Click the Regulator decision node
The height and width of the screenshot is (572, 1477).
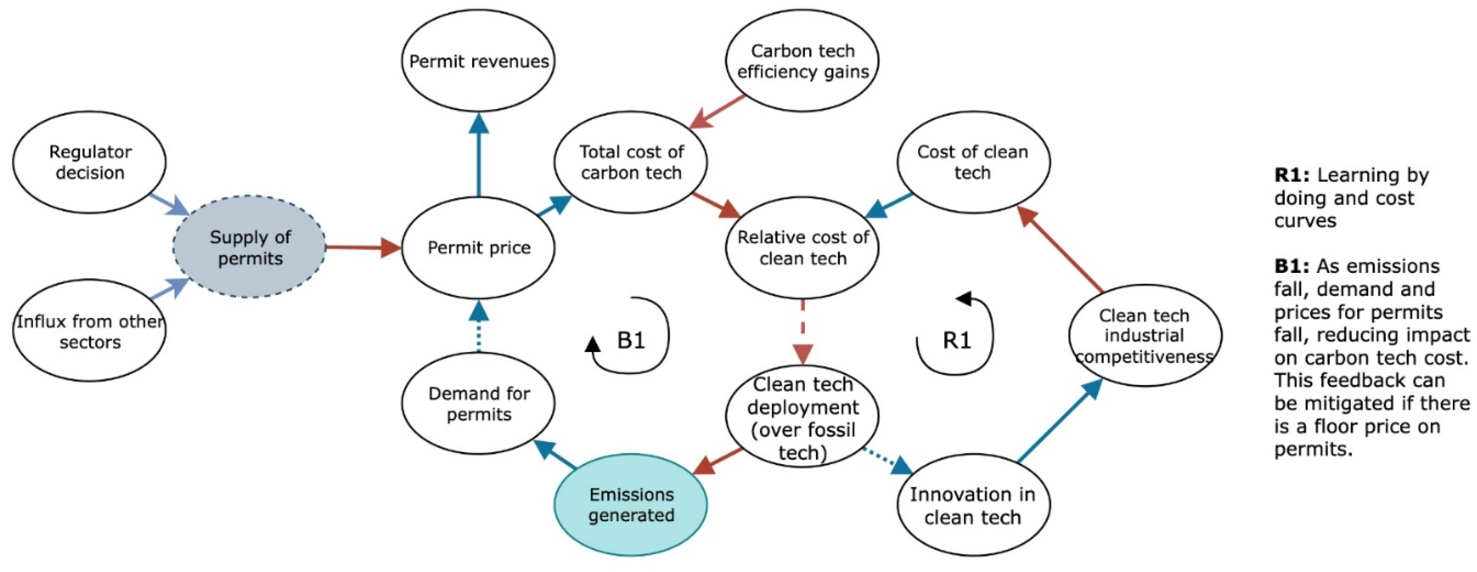pyautogui.click(x=89, y=162)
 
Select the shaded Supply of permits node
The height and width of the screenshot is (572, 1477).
pyautogui.click(x=249, y=247)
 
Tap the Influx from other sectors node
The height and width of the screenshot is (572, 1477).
pyautogui.click(x=89, y=331)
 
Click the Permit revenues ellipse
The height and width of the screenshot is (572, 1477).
pyautogui.click(x=478, y=61)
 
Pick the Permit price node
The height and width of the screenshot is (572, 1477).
pyautogui.click(x=478, y=248)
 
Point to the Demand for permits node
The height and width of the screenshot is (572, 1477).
pyautogui.click(x=478, y=403)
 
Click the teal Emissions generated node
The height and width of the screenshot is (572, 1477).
pyautogui.click(x=631, y=505)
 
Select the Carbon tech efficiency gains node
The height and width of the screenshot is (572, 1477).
pyautogui.click(x=802, y=61)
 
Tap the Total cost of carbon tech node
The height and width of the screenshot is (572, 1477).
pyautogui.click(x=631, y=162)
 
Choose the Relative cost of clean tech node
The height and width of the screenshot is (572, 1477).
pyautogui.click(x=802, y=248)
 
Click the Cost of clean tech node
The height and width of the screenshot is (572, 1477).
pyautogui.click(x=973, y=162)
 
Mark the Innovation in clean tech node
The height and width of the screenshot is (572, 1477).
pyautogui.click(x=973, y=505)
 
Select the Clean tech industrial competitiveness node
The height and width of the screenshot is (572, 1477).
pyautogui.click(x=1145, y=335)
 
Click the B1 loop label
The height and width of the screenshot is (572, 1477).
pyautogui.click(x=631, y=341)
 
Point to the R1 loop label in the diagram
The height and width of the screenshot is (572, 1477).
pyautogui.click(x=957, y=341)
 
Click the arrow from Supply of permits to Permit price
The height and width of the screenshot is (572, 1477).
pyautogui.click(x=363, y=248)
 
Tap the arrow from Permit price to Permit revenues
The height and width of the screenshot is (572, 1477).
pyautogui.click(x=478, y=154)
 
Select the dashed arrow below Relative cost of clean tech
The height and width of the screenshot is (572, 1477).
pyautogui.click(x=802, y=332)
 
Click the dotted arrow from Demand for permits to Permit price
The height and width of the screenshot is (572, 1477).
pyautogui.click(x=478, y=326)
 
